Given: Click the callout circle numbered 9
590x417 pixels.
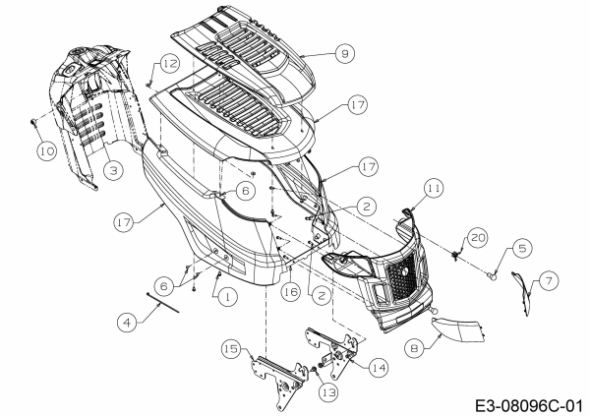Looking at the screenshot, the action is tap(345, 53).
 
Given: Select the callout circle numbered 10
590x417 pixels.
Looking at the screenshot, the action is tap(46, 150).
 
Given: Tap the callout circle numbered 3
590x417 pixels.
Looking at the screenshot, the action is tap(113, 170).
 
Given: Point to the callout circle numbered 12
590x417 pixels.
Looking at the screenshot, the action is tap(170, 63).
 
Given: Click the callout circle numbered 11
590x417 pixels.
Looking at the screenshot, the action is tap(434, 188).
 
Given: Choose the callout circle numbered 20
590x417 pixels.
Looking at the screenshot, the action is tap(478, 237).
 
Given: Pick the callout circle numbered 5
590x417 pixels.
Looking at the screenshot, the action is tap(522, 249).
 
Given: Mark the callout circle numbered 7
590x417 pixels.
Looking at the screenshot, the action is tap(549, 280).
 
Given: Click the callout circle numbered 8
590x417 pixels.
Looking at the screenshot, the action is tap(414, 348).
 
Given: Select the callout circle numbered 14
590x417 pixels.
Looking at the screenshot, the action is tap(379, 367).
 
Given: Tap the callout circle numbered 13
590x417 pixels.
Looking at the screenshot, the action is tap(328, 392).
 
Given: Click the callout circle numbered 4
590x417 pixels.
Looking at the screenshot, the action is tap(127, 323).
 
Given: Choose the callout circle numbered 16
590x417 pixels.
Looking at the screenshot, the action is tap(291, 292).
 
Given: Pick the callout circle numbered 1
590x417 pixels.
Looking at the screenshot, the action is tap(228, 297).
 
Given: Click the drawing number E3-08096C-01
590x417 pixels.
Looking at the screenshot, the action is tap(529, 406).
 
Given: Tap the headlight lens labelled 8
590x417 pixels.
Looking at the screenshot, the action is tap(457, 329).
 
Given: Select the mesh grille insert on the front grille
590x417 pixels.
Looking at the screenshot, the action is tap(402, 277).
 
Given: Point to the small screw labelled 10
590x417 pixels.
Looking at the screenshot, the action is tap(33, 121).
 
